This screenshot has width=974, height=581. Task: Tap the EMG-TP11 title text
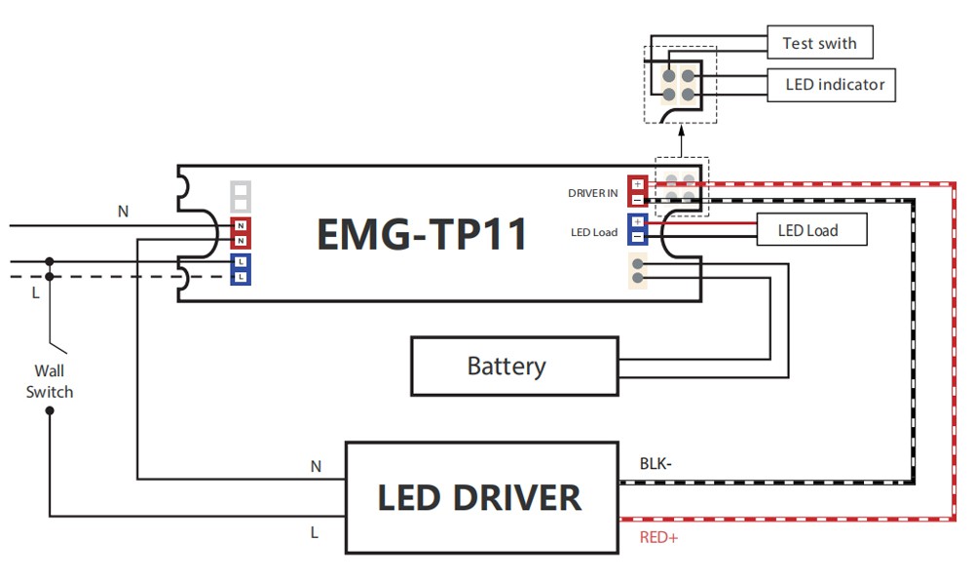pos(422,234)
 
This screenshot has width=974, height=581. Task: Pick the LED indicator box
pos(835,85)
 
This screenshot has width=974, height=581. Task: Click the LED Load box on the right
pos(807,230)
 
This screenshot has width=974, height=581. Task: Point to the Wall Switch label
pos(50,381)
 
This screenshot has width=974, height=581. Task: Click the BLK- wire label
pos(656,463)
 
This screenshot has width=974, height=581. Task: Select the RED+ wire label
pos(658,537)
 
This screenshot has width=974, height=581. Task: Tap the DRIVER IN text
pos(593,193)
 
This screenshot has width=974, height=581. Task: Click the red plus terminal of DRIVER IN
pos(637,183)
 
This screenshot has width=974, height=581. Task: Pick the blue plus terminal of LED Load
pos(637,222)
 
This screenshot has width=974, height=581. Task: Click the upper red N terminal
pos(240,225)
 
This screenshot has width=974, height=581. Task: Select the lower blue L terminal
pos(240,278)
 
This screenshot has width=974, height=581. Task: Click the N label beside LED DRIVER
pos(316,467)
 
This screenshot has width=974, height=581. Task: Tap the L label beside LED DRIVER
pos(315,532)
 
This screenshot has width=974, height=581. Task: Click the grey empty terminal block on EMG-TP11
pos(241,196)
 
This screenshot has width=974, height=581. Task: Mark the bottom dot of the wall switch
pos(50,410)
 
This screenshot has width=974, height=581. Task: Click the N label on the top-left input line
pos(123,211)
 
